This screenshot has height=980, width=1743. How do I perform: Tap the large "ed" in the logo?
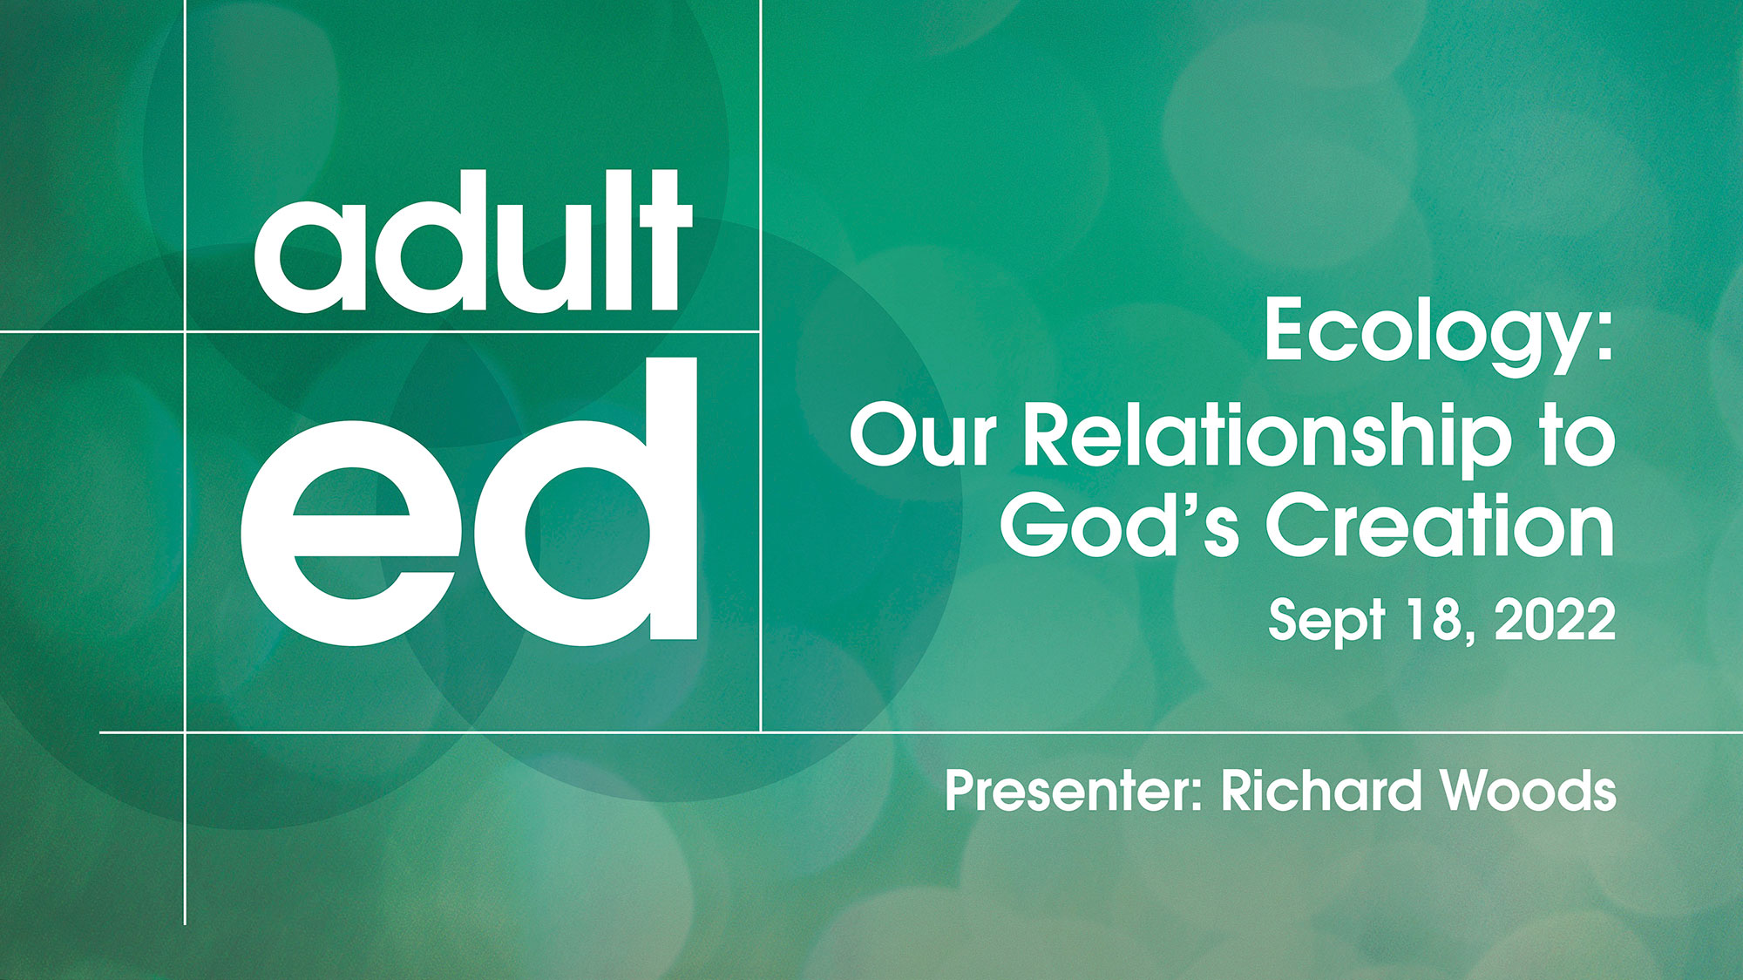click(x=469, y=501)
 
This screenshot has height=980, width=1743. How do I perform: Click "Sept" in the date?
click(x=1326, y=622)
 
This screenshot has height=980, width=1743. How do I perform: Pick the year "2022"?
click(x=1555, y=620)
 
